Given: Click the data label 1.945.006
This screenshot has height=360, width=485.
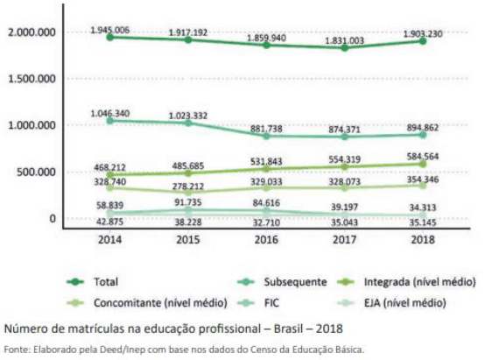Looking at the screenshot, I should point(110,31).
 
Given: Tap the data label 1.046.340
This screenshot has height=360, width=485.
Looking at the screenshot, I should point(110,113).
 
